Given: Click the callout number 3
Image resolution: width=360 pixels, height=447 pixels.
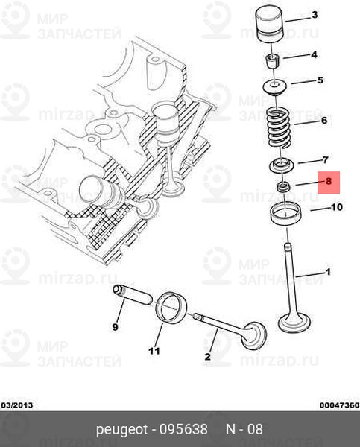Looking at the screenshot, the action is click(315, 15).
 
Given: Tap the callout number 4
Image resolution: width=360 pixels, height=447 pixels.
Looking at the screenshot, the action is click(314, 54).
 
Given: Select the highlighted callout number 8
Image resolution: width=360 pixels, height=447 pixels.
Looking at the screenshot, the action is click(329, 181).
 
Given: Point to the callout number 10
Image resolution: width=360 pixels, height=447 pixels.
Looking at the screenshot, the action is click(336, 207).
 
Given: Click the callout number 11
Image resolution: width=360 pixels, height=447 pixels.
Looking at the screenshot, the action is click(154, 351).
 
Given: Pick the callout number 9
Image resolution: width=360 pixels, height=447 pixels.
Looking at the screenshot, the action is click(115, 327).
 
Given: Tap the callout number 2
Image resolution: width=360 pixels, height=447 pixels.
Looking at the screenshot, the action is click(207, 356).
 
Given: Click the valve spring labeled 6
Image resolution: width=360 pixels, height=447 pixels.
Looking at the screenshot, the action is click(279, 127).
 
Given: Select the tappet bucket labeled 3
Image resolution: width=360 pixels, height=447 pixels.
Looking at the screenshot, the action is click(271, 25).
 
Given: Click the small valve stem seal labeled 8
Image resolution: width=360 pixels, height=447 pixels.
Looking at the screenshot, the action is click(283, 187).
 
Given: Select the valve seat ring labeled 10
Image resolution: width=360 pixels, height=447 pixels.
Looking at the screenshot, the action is click(285, 213).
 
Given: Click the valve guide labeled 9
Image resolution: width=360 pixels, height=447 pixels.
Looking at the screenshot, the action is click(133, 295).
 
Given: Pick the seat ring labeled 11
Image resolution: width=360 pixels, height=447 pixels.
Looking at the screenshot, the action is click(171, 308).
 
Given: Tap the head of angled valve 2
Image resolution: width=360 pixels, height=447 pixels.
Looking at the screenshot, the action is click(254, 336).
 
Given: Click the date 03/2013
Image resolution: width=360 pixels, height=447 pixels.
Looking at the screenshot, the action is click(17, 405).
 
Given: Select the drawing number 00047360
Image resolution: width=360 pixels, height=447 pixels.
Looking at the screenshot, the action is click(339, 405).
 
